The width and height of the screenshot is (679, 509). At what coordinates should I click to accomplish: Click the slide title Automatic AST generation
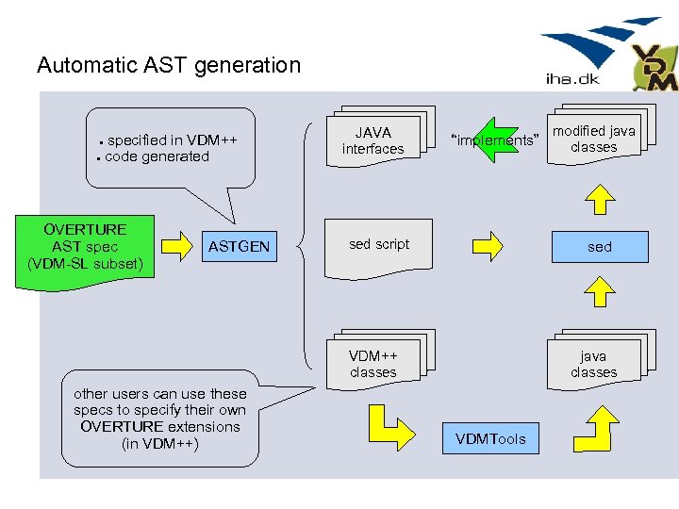tap(168, 65)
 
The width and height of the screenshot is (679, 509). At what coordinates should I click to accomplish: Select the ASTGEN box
tap(239, 247)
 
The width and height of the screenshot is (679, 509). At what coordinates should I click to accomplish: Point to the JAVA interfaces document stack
tap(373, 140)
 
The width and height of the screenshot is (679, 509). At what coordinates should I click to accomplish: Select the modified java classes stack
tap(594, 140)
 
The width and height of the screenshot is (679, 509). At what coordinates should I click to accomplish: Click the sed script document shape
tap(379, 247)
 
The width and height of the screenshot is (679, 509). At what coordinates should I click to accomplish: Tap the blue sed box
tap(600, 247)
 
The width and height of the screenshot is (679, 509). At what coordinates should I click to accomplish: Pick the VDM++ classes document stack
tap(373, 364)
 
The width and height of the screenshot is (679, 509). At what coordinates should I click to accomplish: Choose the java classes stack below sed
tap(594, 364)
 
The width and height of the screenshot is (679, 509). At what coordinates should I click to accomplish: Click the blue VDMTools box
tap(490, 438)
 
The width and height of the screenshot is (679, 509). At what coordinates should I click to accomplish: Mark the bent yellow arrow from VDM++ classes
tap(388, 428)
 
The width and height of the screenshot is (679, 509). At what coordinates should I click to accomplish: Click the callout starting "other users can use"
tap(160, 419)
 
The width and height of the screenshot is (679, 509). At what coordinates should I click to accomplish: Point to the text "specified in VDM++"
tap(172, 140)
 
